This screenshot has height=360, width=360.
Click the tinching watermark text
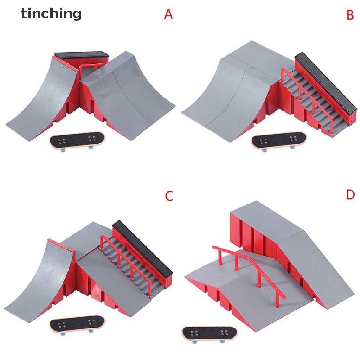pyautogui.click(x=51, y=14)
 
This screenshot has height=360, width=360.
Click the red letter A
pyautogui.click(x=168, y=14)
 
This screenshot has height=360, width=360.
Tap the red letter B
pyautogui.click(x=350, y=15)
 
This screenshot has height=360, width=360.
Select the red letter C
pyautogui.click(x=169, y=196)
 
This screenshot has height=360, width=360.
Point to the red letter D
pyautogui.click(x=350, y=194)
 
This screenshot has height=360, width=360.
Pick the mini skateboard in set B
pyautogui.click(x=278, y=140)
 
